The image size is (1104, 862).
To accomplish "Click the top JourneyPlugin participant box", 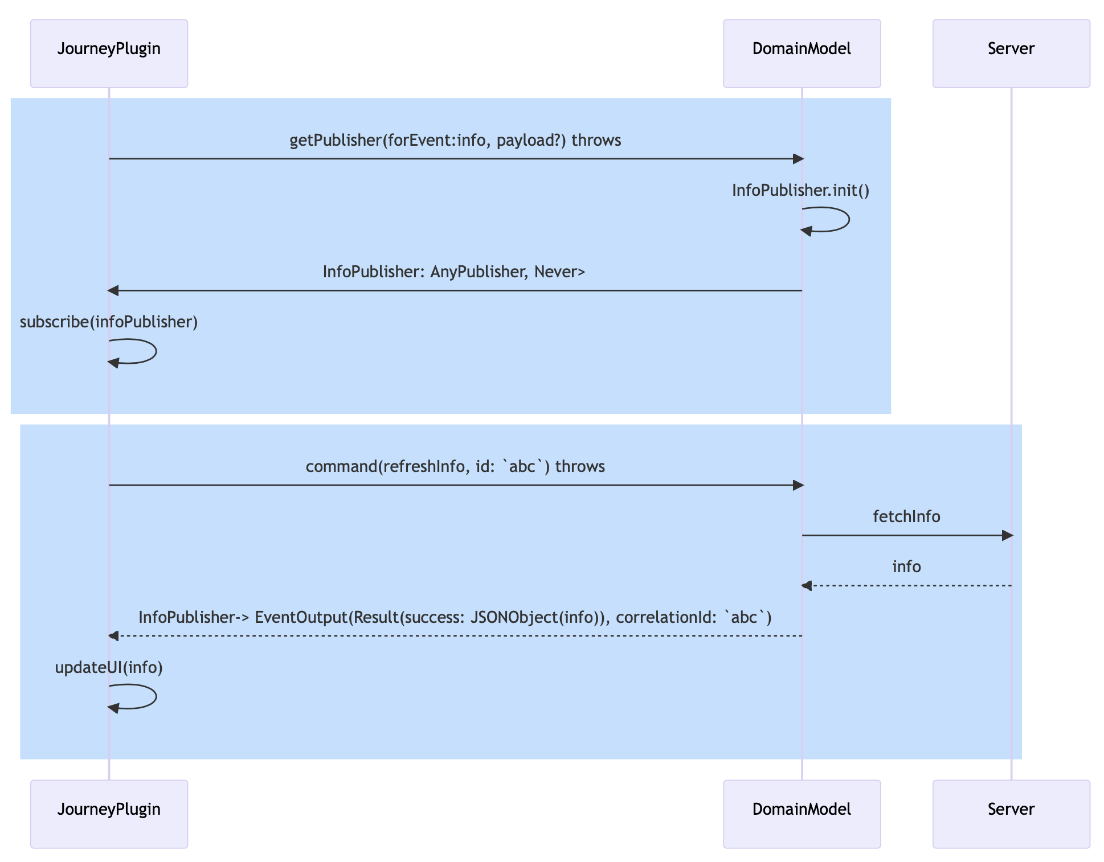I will (109, 54).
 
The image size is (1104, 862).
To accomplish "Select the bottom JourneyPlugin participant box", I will (109, 814).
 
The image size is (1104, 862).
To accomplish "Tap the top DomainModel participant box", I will (802, 54).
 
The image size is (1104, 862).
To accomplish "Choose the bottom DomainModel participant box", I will (802, 814).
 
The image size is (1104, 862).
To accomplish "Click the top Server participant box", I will (1011, 54).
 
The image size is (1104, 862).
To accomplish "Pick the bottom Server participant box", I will (1011, 814).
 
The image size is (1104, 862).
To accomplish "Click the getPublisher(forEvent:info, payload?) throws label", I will (455, 140).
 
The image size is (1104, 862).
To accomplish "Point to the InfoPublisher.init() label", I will (800, 190).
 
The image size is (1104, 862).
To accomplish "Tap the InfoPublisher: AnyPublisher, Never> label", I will (454, 272).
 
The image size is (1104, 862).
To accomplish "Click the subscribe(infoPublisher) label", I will (109, 322).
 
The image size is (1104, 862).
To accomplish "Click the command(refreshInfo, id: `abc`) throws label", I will (455, 466).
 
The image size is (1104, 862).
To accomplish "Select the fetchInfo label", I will (906, 516).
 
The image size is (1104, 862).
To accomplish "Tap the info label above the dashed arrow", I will (906, 567).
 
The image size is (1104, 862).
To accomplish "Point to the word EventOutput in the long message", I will (300, 617).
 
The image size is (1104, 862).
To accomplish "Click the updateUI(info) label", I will (109, 667).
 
